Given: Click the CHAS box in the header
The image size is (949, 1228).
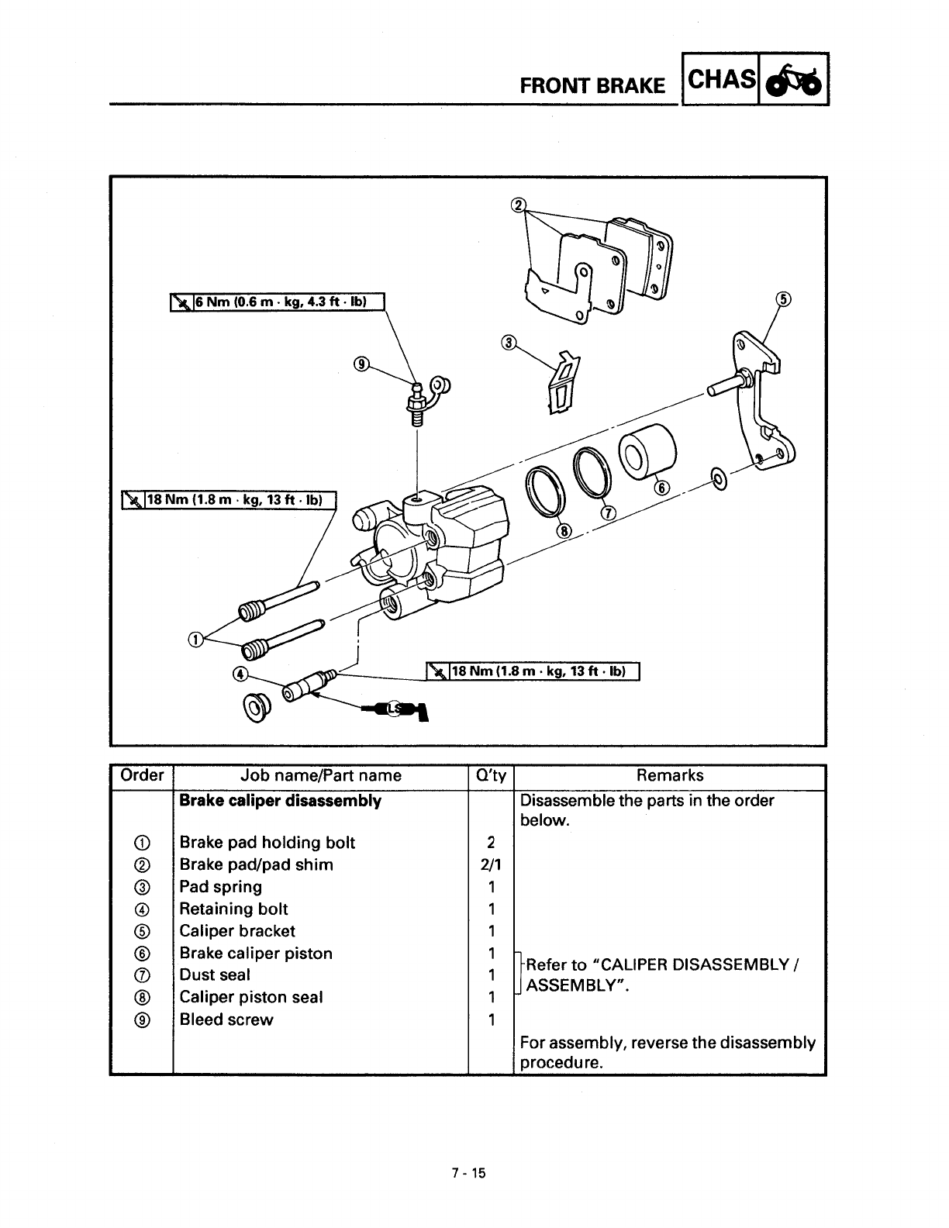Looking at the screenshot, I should (720, 79).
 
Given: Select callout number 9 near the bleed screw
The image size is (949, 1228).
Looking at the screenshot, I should (361, 364).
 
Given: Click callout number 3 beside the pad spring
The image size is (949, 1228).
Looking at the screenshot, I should (509, 343).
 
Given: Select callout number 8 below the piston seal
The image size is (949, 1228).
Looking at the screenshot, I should (564, 533).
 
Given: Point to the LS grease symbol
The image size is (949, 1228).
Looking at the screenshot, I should (396, 709).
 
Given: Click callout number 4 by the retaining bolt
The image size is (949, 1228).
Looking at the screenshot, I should (240, 673).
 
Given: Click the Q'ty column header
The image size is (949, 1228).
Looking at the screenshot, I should (491, 775).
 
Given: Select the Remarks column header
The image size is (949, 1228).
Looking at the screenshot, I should (670, 775).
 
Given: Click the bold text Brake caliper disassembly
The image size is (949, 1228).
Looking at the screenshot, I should (280, 801).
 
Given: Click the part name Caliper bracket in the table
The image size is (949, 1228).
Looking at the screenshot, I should (237, 931).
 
